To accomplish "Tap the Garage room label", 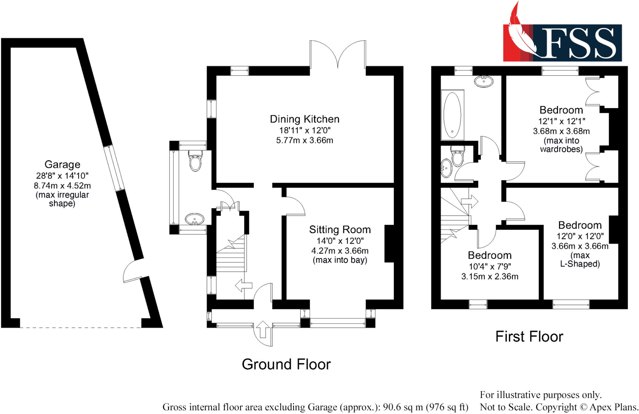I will [x=62, y=164].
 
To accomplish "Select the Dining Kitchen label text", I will [x=305, y=119].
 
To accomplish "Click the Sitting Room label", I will [x=340, y=230].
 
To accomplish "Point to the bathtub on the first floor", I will [x=452, y=115].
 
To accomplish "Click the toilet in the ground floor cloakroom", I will [x=196, y=161].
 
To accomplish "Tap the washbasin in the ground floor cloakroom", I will [x=194, y=219].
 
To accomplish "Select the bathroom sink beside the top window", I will [x=484, y=81].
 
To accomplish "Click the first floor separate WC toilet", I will [x=458, y=156].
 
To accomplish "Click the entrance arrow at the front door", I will [x=263, y=330].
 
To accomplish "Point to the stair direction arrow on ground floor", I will [x=243, y=285].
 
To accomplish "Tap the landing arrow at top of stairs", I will [x=470, y=201].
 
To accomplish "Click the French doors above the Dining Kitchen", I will [x=338, y=55].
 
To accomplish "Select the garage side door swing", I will [x=131, y=271].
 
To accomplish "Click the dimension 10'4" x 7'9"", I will [x=490, y=267].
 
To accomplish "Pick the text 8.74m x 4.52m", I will [x=62, y=186].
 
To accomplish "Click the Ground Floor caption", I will [x=286, y=364].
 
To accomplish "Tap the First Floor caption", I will [x=529, y=337].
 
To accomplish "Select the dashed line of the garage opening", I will [x=80, y=327].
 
